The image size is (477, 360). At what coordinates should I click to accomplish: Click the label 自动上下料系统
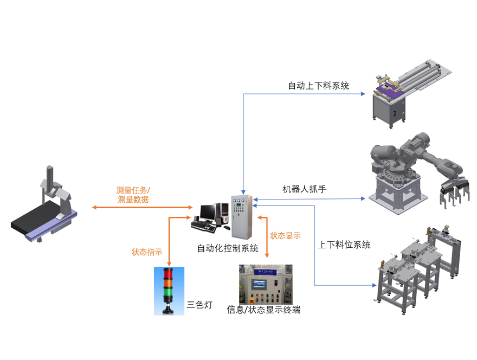point(318,86)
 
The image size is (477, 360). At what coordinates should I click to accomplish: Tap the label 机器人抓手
point(304,189)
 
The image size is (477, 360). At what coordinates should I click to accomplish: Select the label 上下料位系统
point(344,245)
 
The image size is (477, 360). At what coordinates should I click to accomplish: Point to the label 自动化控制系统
point(228,249)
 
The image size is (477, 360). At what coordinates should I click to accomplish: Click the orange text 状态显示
point(285,236)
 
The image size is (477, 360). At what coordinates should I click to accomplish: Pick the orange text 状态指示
point(147,252)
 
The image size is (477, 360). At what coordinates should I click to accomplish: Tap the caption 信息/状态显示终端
point(263,310)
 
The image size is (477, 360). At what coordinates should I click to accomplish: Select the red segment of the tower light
point(169,276)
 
